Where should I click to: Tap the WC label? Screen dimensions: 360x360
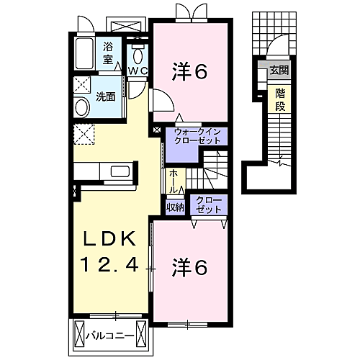[x=138, y=70]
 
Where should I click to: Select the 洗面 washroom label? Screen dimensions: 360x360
[x=106, y=96]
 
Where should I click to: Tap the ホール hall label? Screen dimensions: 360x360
[x=174, y=181]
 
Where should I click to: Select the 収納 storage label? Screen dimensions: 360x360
[x=174, y=207]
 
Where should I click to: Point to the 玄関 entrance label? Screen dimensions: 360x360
[x=278, y=71]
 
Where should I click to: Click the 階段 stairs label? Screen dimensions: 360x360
[x=278, y=100]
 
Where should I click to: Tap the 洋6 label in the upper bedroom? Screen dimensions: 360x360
[x=189, y=71]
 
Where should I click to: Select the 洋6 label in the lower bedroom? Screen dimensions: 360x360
[x=189, y=267]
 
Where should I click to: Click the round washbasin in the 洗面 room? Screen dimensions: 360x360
[x=82, y=108]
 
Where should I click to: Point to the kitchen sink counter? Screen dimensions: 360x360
[x=104, y=173]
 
